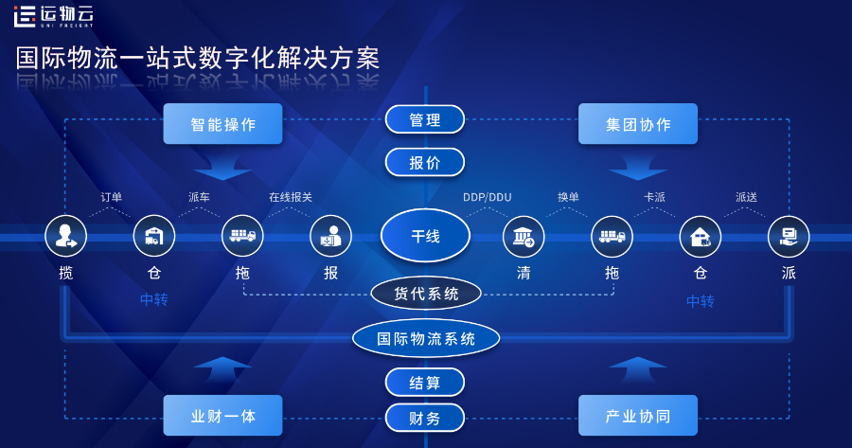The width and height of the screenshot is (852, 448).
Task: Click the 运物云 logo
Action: click(x=53, y=15)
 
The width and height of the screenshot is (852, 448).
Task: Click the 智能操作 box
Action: click(x=222, y=124)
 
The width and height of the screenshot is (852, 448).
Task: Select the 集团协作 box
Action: click(x=637, y=124)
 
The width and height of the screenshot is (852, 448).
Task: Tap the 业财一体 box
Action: click(x=222, y=416)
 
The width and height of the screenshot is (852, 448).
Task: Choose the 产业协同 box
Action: click(x=637, y=416)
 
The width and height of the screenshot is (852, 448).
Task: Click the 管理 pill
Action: click(x=425, y=119)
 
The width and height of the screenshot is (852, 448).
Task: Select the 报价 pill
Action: click(x=425, y=162)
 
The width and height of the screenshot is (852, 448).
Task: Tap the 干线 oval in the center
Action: click(x=425, y=236)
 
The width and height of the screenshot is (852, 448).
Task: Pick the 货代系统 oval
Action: click(x=425, y=294)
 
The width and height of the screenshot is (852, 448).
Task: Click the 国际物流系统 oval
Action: click(x=425, y=338)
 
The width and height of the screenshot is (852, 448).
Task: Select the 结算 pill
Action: click(x=425, y=383)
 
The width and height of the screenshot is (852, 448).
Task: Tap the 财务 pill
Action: click(x=425, y=418)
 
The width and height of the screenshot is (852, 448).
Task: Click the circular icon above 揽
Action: click(x=65, y=236)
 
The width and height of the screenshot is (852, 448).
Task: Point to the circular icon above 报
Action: click(x=330, y=236)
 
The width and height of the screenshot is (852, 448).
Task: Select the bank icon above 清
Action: click(x=524, y=236)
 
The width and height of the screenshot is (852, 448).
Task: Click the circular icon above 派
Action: click(x=789, y=236)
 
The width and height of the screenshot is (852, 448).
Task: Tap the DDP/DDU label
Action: click(x=487, y=197)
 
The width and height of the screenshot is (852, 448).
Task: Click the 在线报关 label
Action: click(x=290, y=197)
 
